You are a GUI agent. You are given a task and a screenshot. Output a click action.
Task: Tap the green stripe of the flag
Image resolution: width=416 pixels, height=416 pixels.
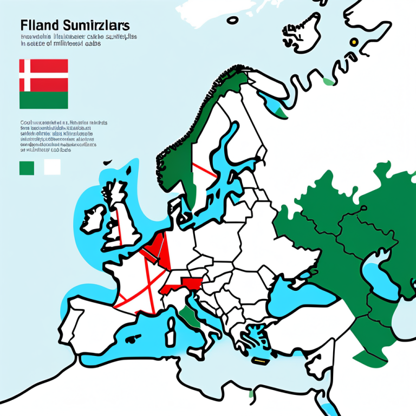tap(44, 100)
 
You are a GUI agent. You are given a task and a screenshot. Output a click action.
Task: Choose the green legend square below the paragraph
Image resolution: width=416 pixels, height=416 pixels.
tap(27, 167)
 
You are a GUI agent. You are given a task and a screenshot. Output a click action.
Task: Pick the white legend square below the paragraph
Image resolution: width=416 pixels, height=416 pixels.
tap(52, 167)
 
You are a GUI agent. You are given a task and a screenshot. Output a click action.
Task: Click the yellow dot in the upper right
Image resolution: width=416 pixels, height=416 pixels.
tap(354, 41)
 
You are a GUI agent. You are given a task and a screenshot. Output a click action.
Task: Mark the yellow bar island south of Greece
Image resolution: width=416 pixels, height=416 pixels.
tap(261, 360)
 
